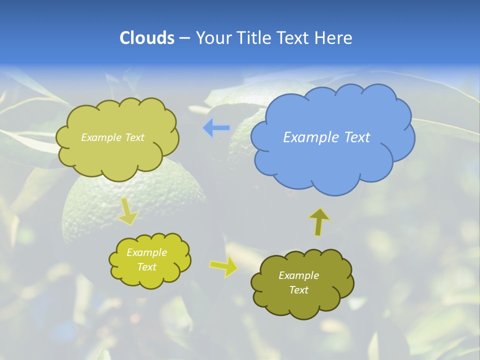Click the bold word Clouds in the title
tap(146, 38)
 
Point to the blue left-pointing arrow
tap(216, 128)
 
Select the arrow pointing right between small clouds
tap(223, 267)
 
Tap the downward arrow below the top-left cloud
tap(127, 211)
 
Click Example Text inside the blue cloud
tap(326, 137)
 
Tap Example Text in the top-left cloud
tap(112, 137)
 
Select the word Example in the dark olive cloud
tap(298, 275)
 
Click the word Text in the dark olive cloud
tap(298, 290)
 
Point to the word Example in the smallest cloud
tap(146, 252)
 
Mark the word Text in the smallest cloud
tap(146, 267)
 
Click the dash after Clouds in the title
tap(184, 38)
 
